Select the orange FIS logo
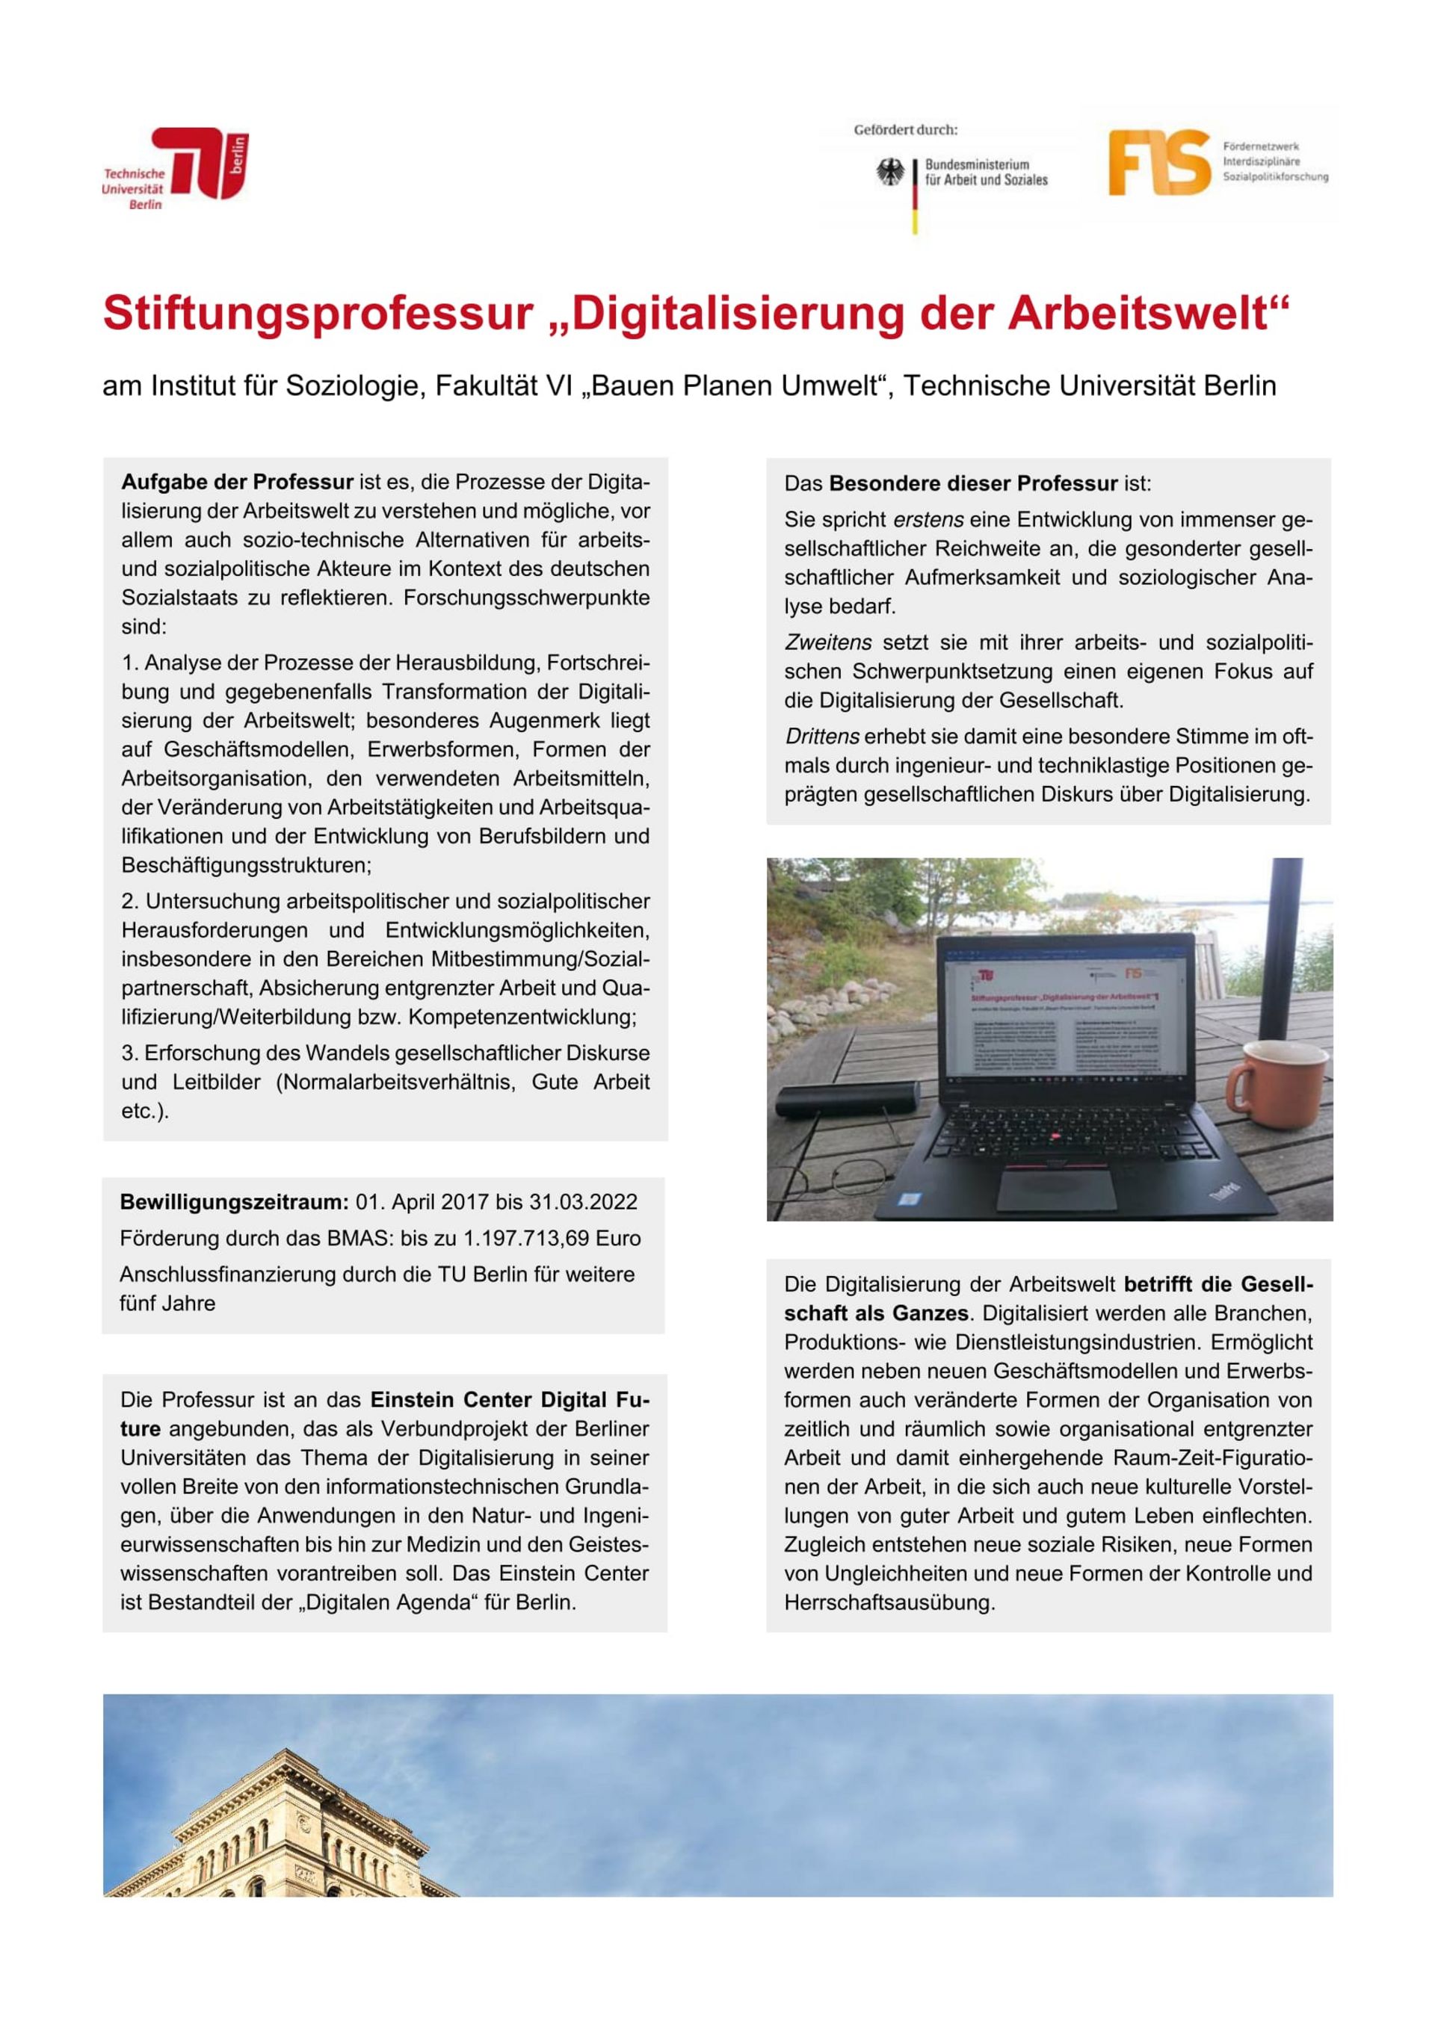[x=1158, y=163]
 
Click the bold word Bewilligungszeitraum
[x=234, y=1202]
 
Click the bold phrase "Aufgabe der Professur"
[x=237, y=483]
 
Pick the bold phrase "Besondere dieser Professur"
[x=973, y=484]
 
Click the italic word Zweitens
[x=827, y=642]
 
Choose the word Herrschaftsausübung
[x=889, y=1602]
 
